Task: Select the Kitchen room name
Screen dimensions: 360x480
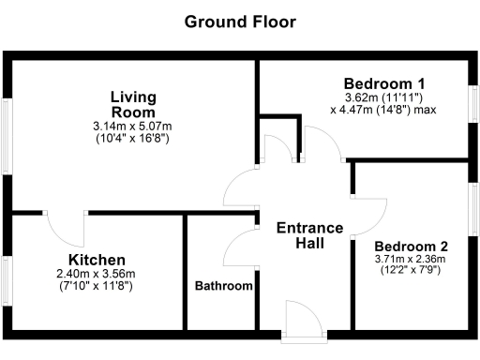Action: (x=97, y=260)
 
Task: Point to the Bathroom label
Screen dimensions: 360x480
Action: (x=224, y=286)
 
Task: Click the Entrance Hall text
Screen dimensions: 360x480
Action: (x=301, y=235)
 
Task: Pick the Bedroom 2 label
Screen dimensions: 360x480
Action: (x=399, y=247)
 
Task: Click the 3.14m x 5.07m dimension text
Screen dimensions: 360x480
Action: (x=136, y=127)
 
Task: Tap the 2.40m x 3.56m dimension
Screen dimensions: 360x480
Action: (x=97, y=274)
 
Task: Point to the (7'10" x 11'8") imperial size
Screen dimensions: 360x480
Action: (x=97, y=286)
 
